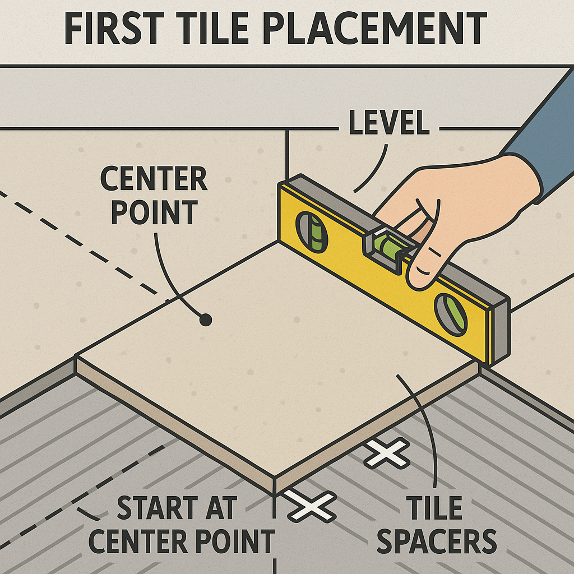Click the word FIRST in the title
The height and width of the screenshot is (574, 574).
(114, 28)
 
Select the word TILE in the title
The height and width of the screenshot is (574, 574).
(213, 28)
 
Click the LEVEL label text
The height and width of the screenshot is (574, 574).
(389, 122)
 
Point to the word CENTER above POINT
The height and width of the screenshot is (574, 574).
(154, 179)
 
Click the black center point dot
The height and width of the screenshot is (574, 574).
(206, 320)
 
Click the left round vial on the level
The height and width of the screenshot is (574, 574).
(312, 232)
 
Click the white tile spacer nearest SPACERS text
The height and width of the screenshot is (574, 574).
(387, 453)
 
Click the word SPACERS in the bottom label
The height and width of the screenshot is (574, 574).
(436, 541)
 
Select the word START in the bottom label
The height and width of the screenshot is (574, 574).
(158, 507)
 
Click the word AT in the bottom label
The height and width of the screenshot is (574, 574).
(222, 507)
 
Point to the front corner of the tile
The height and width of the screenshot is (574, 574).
(275, 476)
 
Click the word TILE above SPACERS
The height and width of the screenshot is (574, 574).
(434, 508)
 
